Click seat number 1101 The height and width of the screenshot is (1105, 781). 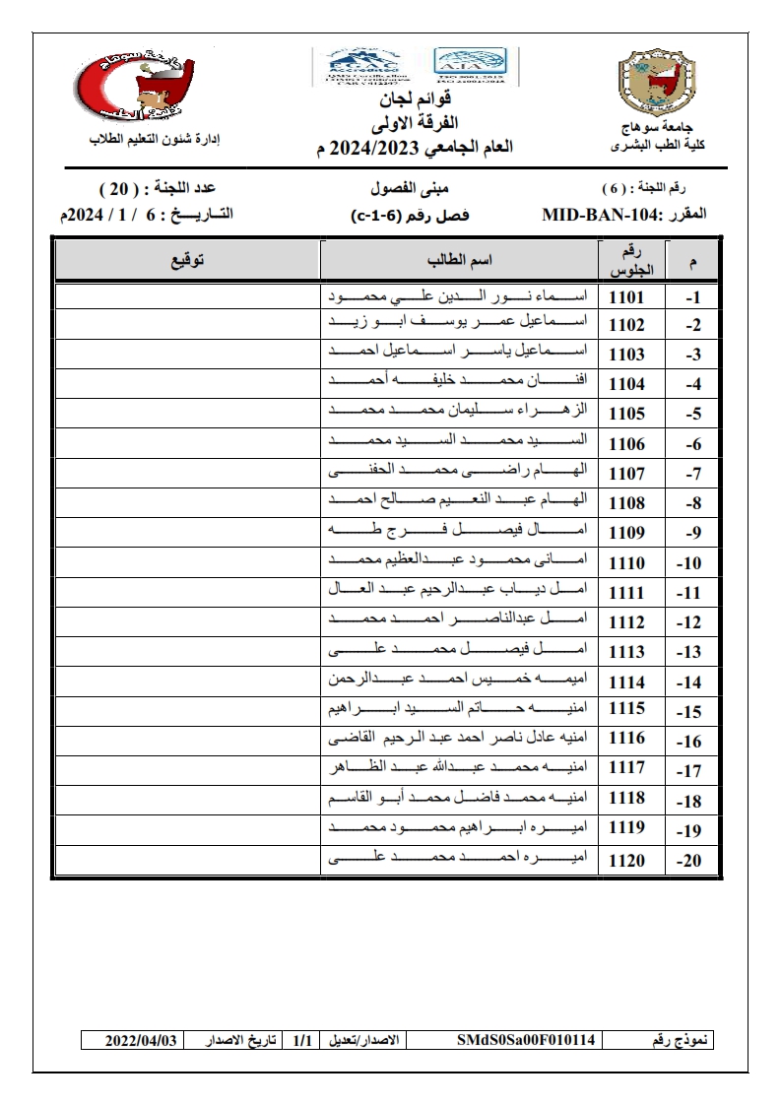click(x=627, y=296)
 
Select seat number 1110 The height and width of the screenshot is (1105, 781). click(x=627, y=563)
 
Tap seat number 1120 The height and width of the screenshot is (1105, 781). click(x=627, y=861)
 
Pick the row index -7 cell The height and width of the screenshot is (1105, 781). click(x=691, y=475)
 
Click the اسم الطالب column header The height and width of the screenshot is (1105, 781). click(x=459, y=261)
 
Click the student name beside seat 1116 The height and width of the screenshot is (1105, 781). click(x=459, y=739)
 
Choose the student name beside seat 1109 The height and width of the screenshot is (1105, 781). click(x=459, y=533)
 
